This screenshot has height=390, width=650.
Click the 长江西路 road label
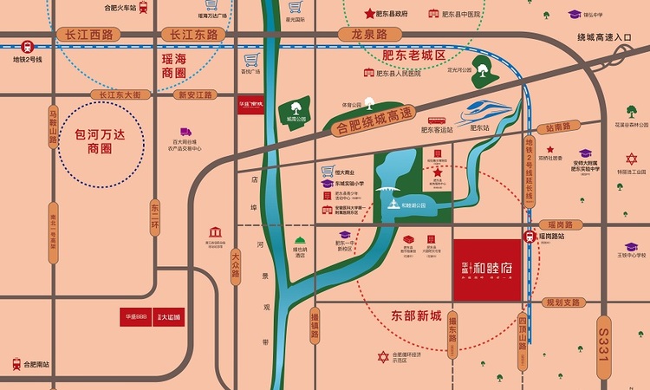pos(83,35)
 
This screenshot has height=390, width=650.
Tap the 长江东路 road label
pos(192,35)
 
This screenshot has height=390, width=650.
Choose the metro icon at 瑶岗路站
pos(529,237)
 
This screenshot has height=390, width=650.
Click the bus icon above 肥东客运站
pos(436,121)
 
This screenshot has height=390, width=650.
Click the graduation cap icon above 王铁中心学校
pos(631,247)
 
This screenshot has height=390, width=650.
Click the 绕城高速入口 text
pos(607,36)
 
